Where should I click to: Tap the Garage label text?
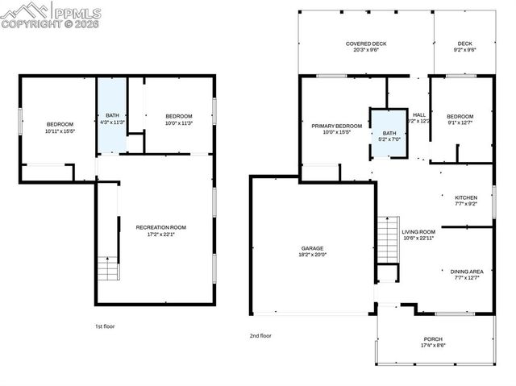click(313, 247)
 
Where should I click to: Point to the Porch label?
click(433, 339)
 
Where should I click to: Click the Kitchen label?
click(466, 197)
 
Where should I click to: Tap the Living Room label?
click(418, 232)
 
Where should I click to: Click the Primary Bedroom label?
click(337, 127)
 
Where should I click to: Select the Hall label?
click(419, 115)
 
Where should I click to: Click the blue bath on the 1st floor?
click(112, 117)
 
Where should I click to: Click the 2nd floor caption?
click(260, 335)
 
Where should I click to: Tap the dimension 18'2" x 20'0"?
click(313, 254)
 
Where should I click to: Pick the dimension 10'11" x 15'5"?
click(60, 131)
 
